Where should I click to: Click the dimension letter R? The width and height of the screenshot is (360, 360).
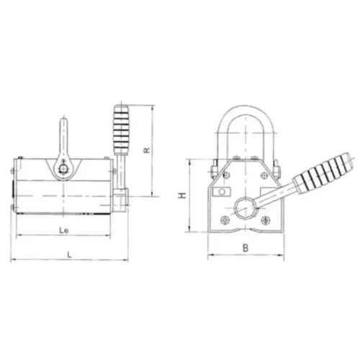147,150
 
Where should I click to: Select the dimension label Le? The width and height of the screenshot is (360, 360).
64,230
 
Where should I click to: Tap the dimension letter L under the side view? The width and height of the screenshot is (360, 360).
69,254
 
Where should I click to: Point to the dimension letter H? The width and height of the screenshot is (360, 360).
182,195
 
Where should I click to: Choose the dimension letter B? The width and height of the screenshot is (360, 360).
245,248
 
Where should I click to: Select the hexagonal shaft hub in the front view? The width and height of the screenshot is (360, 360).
246,207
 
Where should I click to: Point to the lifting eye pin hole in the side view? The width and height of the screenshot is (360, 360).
63,168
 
